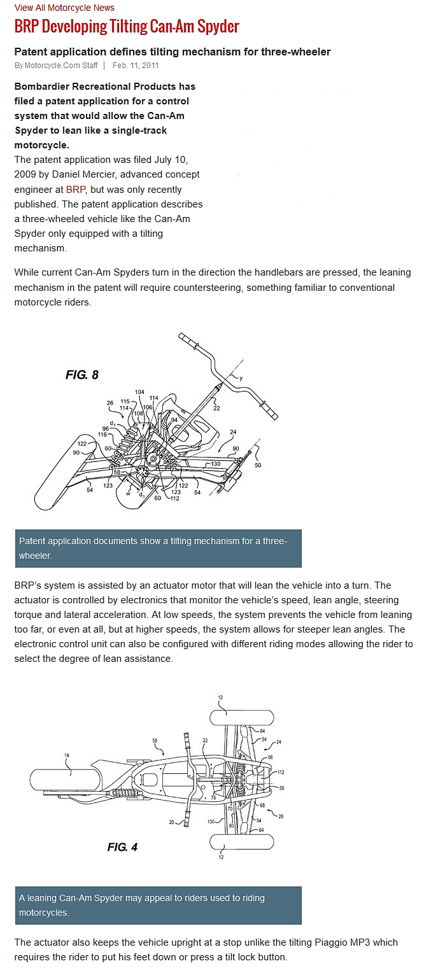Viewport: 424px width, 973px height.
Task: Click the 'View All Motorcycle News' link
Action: pyautogui.click(x=64, y=8)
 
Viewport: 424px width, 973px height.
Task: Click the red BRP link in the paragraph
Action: pyautogui.click(x=76, y=190)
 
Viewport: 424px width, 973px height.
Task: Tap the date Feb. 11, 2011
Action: pyautogui.click(x=136, y=65)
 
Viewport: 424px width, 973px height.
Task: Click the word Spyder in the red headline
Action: pyautogui.click(x=218, y=27)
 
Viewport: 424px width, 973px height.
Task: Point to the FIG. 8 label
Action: pyautogui.click(x=82, y=375)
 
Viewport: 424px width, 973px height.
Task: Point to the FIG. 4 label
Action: pyautogui.click(x=122, y=847)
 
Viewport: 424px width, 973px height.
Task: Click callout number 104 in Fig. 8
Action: pyautogui.click(x=139, y=392)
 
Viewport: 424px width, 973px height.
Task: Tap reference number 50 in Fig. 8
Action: pyautogui.click(x=258, y=465)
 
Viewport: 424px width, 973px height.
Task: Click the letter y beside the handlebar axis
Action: pyautogui.click(x=241, y=379)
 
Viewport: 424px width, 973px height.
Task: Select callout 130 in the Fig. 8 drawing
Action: pyautogui.click(x=215, y=463)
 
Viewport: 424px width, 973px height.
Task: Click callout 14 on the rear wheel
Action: pyautogui.click(x=66, y=755)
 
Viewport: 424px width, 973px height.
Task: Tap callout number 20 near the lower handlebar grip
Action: pyautogui.click(x=172, y=822)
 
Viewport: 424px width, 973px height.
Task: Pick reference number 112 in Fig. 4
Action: pyautogui.click(x=281, y=772)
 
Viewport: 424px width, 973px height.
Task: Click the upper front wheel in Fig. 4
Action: pyautogui.click(x=241, y=718)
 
